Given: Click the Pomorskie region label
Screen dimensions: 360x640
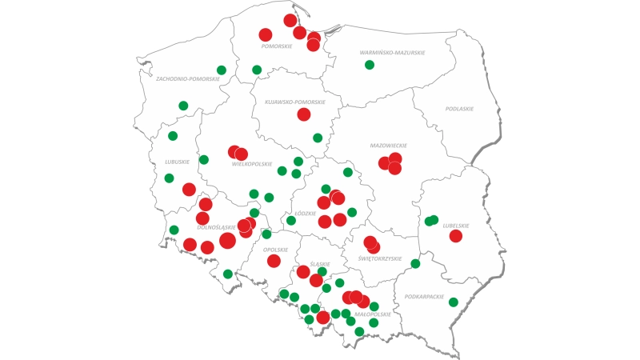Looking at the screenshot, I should [x=277, y=46].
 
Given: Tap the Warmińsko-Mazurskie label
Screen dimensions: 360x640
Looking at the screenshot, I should [x=392, y=53].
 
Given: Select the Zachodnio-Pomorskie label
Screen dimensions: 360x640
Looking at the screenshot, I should [x=188, y=79].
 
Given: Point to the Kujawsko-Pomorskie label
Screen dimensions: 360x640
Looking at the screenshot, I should [x=295, y=102].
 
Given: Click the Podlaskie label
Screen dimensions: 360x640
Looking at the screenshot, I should [x=459, y=109].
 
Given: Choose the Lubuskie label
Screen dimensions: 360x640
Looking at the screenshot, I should [x=177, y=162].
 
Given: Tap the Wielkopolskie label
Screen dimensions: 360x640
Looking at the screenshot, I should [x=252, y=164].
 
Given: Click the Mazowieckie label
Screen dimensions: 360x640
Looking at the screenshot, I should [x=389, y=146].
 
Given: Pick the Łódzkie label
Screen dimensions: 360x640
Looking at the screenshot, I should [x=306, y=214].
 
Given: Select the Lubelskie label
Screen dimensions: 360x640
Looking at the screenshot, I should [x=456, y=226].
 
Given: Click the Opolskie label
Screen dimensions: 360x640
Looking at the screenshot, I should [x=274, y=250].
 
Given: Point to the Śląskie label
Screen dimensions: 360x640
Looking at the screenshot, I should [x=320, y=264].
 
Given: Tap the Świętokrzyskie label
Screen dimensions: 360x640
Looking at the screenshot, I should [x=378, y=258].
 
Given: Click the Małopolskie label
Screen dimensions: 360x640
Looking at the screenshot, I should [x=373, y=314].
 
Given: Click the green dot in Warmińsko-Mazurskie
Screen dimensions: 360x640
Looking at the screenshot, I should [x=370, y=65].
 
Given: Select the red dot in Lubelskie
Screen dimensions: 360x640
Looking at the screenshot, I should [x=456, y=236].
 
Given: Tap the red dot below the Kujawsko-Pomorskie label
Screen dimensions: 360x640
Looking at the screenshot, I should [x=304, y=114].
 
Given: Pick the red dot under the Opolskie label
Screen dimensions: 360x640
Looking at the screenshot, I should [x=274, y=261].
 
